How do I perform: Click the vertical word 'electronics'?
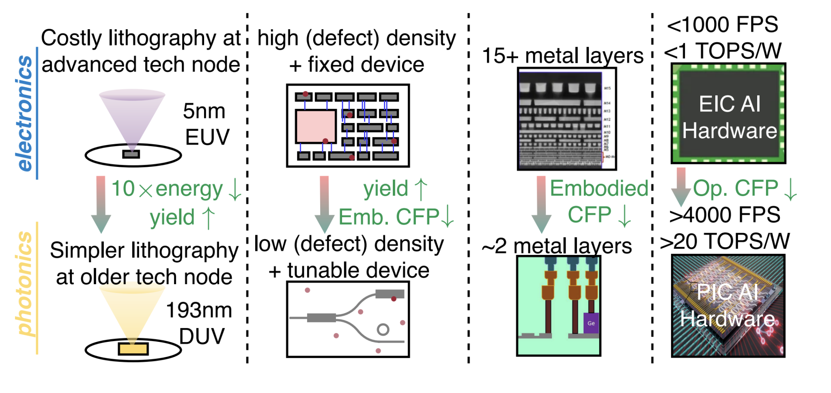pos(25,113)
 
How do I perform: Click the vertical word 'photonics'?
pos(25,284)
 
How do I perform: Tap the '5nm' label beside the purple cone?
pos(204,111)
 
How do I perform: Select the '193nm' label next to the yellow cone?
pos(199,310)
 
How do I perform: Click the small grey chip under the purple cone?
pos(131,154)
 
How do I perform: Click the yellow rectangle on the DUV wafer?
pos(133,348)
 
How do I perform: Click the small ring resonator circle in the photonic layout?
pos(383,329)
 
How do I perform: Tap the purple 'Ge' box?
pos(591,323)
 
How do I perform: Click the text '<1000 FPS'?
pos(722,25)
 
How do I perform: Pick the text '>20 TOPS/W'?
pos(725,241)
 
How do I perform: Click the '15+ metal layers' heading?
pos(563,56)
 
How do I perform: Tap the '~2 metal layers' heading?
pos(557,246)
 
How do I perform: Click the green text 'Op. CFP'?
pos(735,188)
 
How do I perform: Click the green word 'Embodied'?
pos(599,188)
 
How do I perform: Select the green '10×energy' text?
pos(167,189)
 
